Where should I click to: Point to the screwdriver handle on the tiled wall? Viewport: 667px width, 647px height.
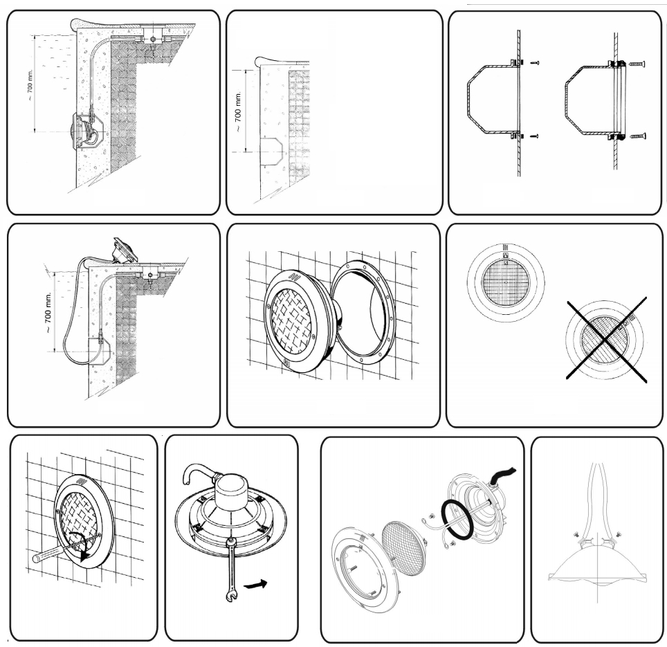[x=46, y=555]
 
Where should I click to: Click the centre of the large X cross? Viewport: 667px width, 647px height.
[x=607, y=340]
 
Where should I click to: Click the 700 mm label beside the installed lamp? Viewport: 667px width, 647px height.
[x=29, y=85]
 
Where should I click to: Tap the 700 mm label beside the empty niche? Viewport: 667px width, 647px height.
[x=238, y=110]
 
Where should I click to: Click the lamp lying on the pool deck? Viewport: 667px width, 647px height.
[x=122, y=250]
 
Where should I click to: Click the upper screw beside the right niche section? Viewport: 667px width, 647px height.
[x=636, y=64]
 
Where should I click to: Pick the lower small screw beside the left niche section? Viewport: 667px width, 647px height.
[x=535, y=136]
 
